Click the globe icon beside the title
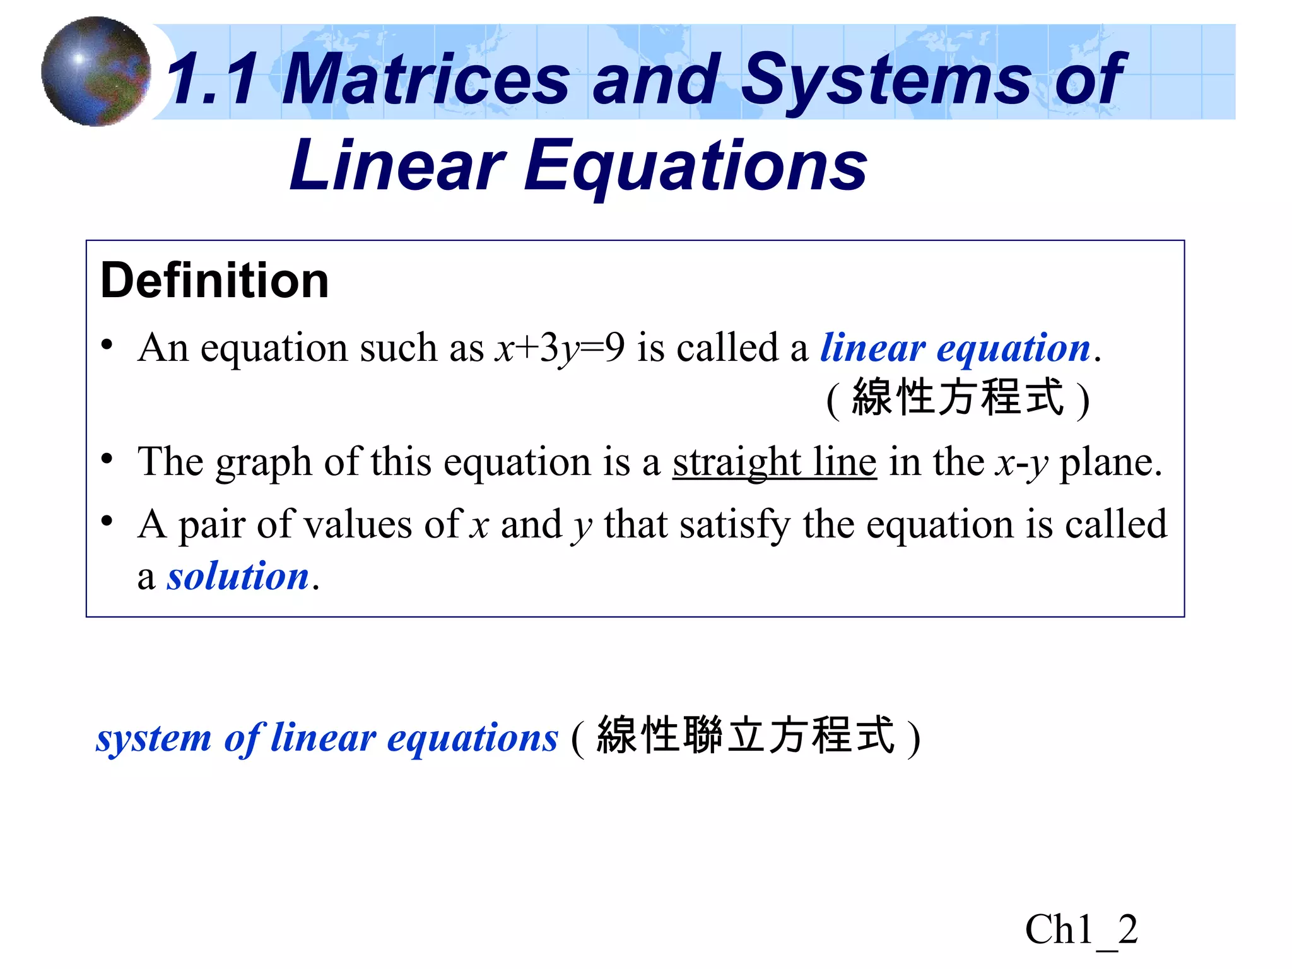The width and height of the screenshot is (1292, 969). click(x=96, y=71)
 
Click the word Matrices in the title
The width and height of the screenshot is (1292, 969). click(x=426, y=79)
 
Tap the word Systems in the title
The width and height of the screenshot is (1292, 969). click(x=886, y=79)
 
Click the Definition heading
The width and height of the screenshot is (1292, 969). click(x=214, y=281)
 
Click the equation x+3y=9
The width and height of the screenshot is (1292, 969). click(x=560, y=348)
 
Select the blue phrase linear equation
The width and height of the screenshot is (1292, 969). click(x=955, y=348)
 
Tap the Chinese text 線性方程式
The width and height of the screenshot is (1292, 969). click(x=958, y=398)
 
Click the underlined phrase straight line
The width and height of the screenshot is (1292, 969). click(x=774, y=462)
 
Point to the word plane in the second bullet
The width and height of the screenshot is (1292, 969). click(x=1110, y=462)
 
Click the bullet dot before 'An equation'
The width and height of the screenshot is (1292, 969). click(x=107, y=344)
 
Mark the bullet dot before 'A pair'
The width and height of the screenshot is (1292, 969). click(x=107, y=521)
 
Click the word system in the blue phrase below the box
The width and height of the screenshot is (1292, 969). click(x=153, y=738)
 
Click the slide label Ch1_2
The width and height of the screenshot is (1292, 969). click(x=1081, y=929)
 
